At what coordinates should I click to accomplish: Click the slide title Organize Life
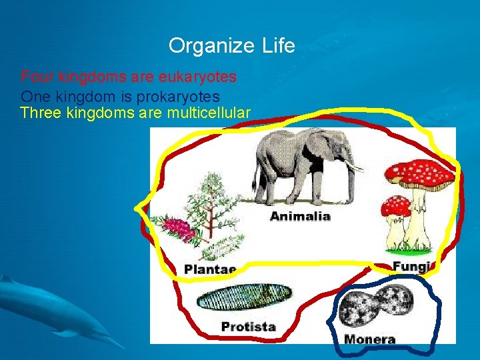click(x=231, y=46)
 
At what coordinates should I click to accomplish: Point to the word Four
click(x=35, y=77)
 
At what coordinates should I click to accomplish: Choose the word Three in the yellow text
click(x=41, y=113)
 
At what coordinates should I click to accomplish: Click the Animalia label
click(x=300, y=216)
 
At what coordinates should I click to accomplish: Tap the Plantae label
click(x=209, y=269)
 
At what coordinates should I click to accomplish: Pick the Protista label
click(x=248, y=327)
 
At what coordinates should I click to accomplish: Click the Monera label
click(x=370, y=339)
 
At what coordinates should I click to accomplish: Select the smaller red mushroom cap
click(x=397, y=206)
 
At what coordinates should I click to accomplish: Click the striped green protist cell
click(x=245, y=297)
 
